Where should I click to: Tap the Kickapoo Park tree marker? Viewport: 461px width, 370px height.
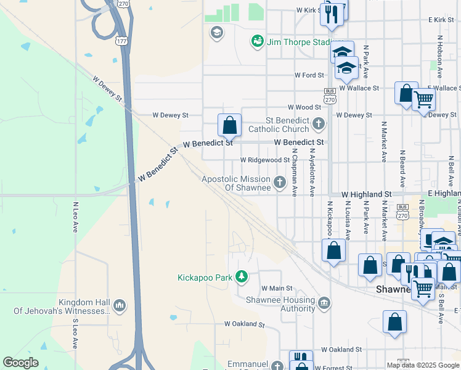tap(242, 277)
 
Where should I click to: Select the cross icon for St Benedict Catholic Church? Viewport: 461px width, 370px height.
tap(318, 124)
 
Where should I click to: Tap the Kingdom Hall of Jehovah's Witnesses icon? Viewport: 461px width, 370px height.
tap(120, 305)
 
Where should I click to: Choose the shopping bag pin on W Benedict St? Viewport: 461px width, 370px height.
tap(229, 126)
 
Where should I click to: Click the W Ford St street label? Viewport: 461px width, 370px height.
tap(309, 75)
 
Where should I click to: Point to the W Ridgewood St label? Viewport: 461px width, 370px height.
tap(265, 160)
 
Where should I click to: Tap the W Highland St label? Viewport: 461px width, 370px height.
tap(366, 194)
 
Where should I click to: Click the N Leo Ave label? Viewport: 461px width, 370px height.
tap(76, 217)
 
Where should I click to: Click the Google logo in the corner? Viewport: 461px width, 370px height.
tap(20, 362)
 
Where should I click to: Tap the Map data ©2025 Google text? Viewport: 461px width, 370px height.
tap(423, 365)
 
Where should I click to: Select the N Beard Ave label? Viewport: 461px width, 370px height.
tap(402, 168)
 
